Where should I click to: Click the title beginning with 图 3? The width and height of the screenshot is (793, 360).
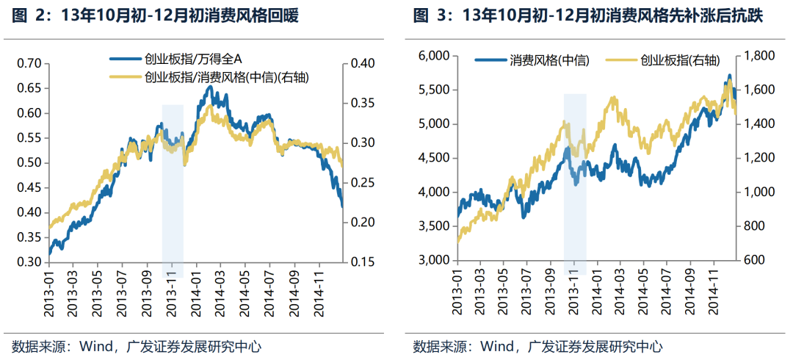coord(587,15)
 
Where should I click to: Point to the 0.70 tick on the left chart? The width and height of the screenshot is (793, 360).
coord(29,64)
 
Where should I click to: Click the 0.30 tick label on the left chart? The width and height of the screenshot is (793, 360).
coord(29,262)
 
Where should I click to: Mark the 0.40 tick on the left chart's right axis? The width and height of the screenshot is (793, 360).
coord(362,64)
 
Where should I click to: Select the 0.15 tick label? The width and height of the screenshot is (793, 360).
coord(362,262)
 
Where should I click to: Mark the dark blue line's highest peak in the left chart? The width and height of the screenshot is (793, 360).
coord(211,87)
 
